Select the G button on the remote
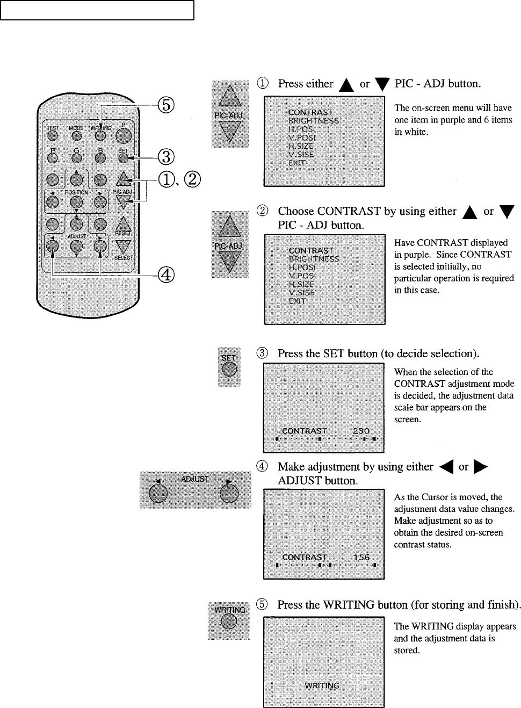76,157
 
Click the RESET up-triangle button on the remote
124,222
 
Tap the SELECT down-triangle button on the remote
124,247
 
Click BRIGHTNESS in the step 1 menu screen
314,121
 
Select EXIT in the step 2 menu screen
297,301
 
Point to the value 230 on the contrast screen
361,431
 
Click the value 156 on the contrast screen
361,557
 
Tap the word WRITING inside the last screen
322,685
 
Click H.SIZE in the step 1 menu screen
301,146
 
